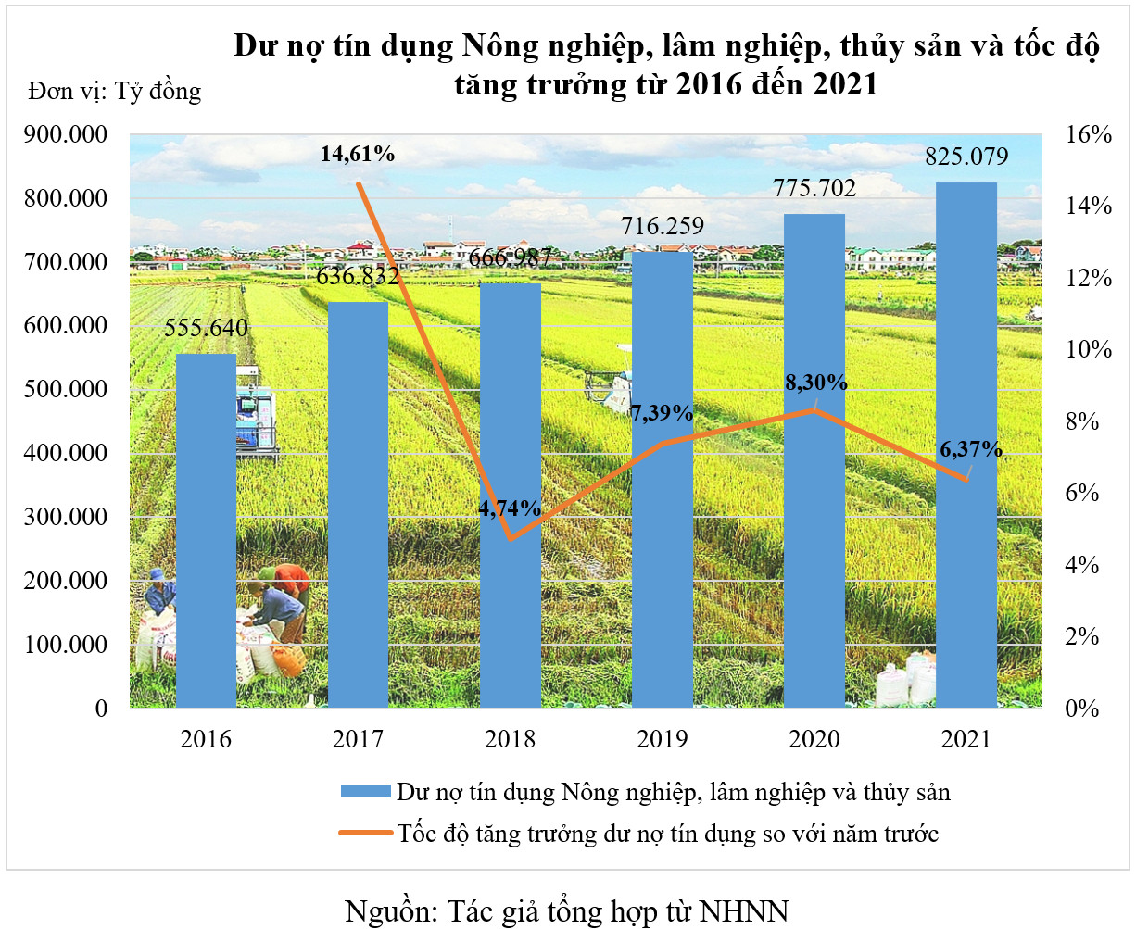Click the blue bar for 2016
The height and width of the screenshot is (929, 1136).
tap(206, 530)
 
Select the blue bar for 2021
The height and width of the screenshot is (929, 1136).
tap(966, 445)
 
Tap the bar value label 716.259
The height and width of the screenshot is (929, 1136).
tap(663, 226)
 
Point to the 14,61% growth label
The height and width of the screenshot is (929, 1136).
tap(358, 154)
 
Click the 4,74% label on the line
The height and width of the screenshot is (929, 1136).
tap(510, 508)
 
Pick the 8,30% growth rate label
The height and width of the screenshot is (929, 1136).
tap(815, 382)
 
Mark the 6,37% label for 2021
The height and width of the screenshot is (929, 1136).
tap(970, 449)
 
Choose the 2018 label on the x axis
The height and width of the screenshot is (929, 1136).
tap(510, 739)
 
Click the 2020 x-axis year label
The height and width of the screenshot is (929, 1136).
tap(814, 739)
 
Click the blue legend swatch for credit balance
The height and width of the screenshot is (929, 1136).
tap(365, 793)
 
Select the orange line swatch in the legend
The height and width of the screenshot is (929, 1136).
tap(365, 834)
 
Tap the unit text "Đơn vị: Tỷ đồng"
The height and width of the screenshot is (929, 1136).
tap(114, 91)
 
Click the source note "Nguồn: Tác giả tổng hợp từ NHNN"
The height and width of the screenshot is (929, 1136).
tap(566, 910)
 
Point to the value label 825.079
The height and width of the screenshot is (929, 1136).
tap(966, 157)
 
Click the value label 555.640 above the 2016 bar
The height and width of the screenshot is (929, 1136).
tap(206, 328)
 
